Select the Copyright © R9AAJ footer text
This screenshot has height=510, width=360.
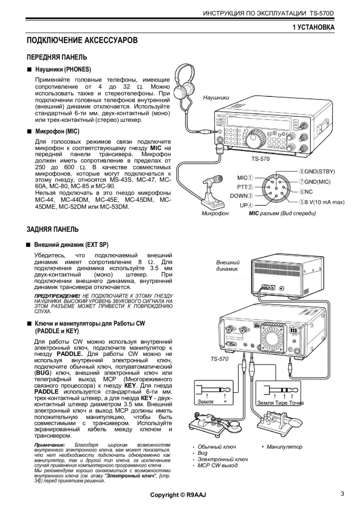(x=178, y=495)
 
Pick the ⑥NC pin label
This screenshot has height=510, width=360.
(x=306, y=192)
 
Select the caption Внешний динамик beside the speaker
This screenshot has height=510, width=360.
(x=228, y=266)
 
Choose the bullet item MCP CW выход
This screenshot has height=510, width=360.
(x=217, y=465)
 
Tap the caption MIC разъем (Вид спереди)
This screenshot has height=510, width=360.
(x=282, y=213)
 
